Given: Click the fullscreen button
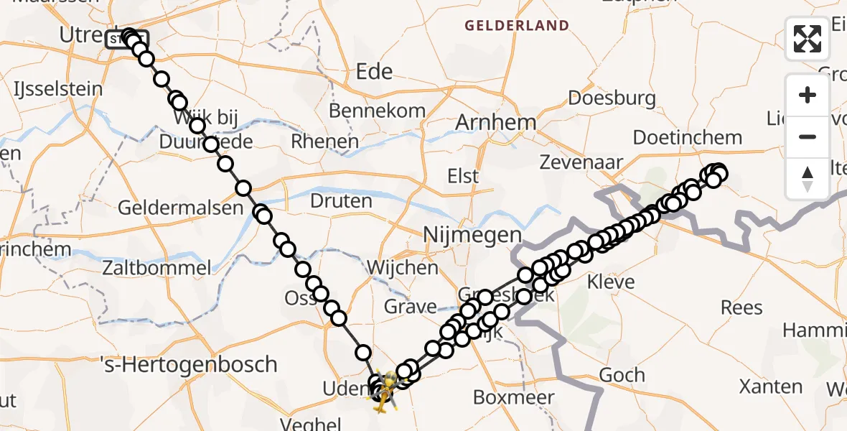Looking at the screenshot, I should [x=808, y=39].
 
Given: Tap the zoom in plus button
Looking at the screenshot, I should [x=808, y=96].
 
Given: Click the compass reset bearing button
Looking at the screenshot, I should [x=808, y=178].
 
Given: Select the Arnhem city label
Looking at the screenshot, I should [x=495, y=122].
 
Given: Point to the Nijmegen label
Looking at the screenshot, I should [x=472, y=235].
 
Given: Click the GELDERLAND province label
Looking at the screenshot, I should [x=517, y=26].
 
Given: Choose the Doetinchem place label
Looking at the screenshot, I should [x=687, y=137].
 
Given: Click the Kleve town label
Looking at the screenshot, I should [x=611, y=281].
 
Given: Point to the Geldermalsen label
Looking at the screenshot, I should [x=180, y=208].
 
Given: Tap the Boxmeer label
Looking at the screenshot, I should [x=514, y=397].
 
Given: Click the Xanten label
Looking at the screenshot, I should [x=771, y=386].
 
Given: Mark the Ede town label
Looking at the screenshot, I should [x=375, y=71].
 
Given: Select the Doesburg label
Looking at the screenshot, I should [x=612, y=98].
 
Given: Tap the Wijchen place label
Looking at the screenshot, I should [x=402, y=268].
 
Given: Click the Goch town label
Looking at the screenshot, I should [x=622, y=375].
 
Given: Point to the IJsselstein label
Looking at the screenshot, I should [x=58, y=90].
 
